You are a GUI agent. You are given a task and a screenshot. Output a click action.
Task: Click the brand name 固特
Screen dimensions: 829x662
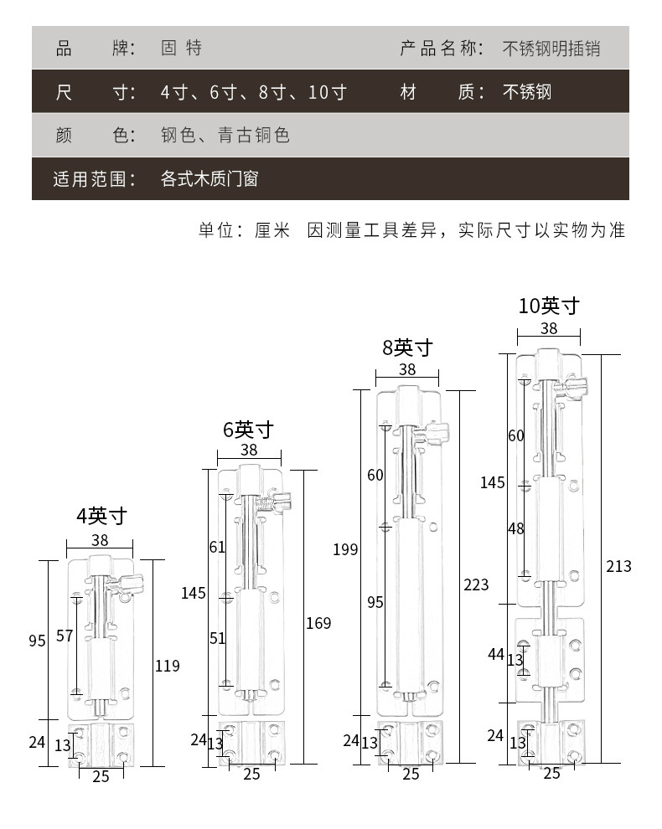point(181,48)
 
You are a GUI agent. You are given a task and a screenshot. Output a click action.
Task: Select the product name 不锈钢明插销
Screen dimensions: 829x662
point(551,48)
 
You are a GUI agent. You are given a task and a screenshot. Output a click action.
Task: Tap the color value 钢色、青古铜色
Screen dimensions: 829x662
point(225,135)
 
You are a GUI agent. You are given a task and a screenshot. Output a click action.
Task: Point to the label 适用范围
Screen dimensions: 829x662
point(94,178)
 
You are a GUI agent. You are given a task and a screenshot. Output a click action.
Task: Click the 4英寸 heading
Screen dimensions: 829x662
point(101,516)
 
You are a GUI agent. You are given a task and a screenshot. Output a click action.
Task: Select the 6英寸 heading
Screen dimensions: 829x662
point(248,430)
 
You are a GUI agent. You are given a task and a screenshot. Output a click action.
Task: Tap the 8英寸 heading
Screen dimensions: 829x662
point(407,347)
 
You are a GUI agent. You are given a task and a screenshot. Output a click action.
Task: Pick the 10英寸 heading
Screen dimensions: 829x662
point(549,306)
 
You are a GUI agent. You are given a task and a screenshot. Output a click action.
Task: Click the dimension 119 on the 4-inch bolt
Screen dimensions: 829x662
point(167,666)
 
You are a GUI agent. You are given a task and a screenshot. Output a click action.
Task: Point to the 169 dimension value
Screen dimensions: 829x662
point(318,623)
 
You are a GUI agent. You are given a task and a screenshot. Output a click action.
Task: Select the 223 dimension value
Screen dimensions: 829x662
point(475,584)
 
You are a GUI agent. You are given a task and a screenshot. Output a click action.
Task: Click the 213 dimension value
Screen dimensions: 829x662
point(618,567)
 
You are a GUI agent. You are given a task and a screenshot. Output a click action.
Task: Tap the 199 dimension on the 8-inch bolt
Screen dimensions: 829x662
point(344,549)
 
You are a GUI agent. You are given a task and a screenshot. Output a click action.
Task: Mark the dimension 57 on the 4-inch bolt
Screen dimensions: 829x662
point(65,636)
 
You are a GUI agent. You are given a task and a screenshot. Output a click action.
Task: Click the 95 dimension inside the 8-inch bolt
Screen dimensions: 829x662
point(375,602)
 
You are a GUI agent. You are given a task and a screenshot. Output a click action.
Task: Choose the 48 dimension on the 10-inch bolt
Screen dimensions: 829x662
point(515,528)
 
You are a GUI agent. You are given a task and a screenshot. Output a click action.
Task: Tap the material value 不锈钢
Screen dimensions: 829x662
point(527,91)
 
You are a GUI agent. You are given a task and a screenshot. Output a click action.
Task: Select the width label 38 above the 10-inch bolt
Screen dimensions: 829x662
point(549,328)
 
